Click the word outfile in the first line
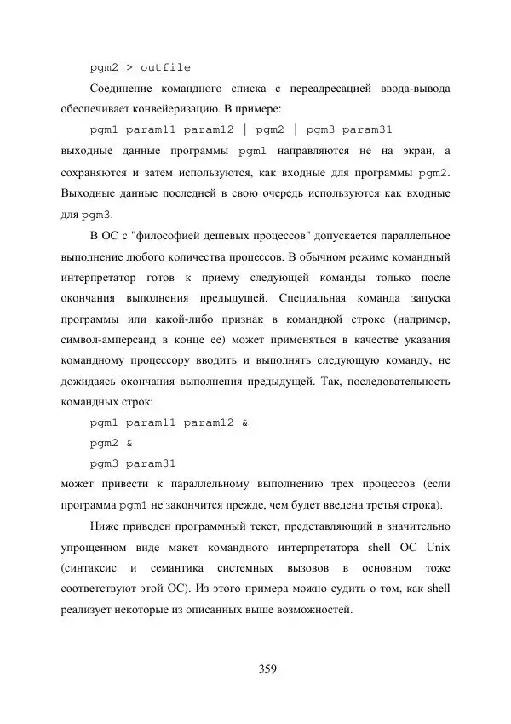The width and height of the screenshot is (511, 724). tap(165, 67)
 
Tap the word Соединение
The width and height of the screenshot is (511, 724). tap(126, 89)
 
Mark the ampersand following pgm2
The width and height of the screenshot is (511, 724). tap(129, 443)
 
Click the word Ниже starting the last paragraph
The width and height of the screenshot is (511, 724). tap(105, 526)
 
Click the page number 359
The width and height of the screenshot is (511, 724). tap(268, 669)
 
